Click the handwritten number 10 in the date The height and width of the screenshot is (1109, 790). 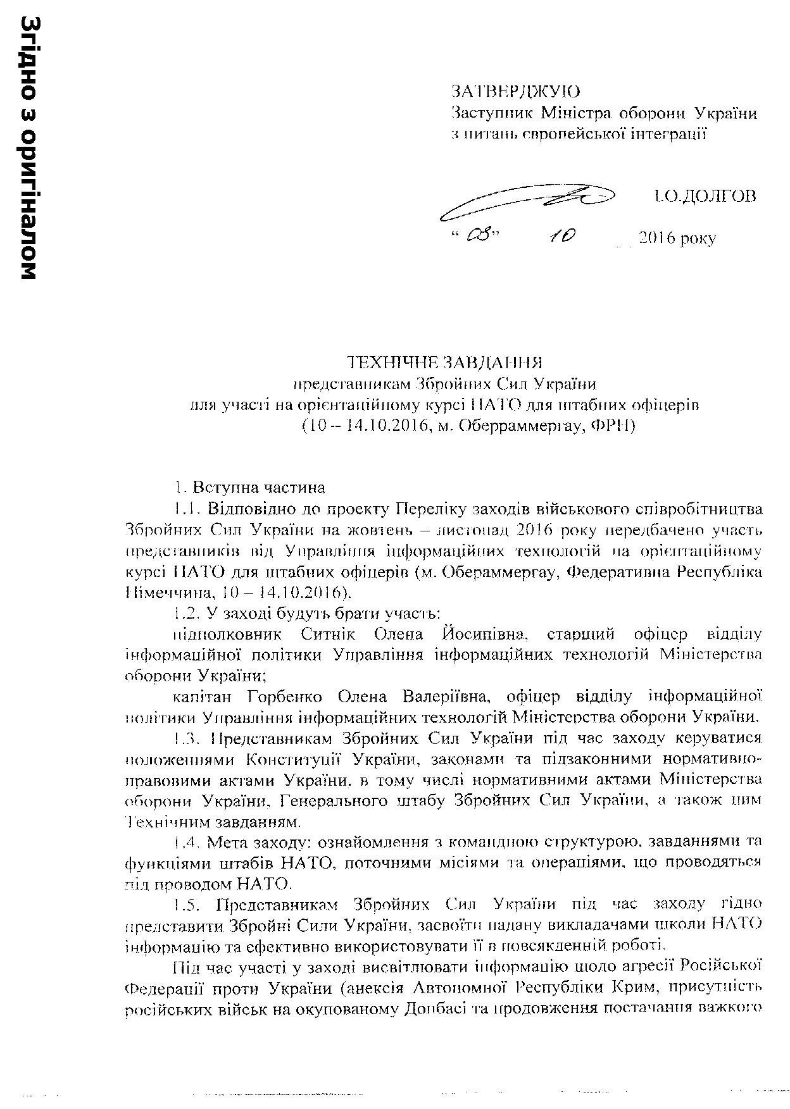(562, 236)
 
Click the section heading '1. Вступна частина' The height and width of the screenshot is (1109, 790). (250, 488)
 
